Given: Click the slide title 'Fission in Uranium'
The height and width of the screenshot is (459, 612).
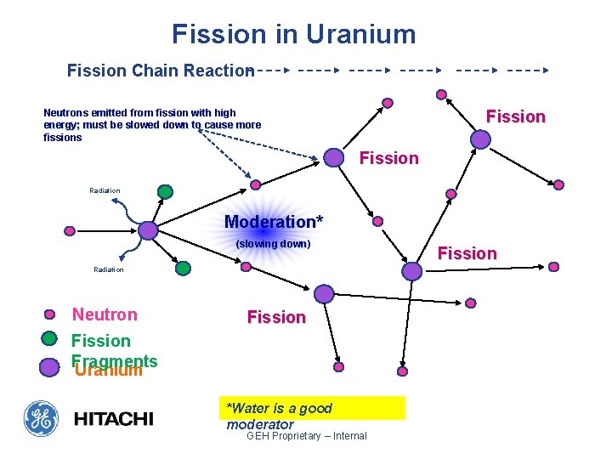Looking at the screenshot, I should click(294, 34).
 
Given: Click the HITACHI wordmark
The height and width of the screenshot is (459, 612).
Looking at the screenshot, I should click(114, 418).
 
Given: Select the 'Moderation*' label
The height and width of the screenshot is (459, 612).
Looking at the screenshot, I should click(274, 222).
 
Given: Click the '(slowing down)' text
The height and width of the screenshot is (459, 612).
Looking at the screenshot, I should click(273, 244).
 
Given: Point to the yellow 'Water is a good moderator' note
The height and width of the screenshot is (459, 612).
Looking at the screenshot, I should click(311, 408).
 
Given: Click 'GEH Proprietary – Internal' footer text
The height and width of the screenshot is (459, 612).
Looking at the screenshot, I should click(306, 436).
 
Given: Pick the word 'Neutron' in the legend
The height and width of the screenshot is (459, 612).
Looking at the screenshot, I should click(105, 314).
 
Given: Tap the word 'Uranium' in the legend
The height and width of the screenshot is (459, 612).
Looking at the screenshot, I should click(108, 371).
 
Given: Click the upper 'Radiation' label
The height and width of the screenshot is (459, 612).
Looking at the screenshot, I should click(105, 190).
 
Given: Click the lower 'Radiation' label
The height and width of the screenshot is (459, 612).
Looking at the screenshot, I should click(108, 269).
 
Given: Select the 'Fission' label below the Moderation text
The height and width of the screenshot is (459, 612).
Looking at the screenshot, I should click(276, 317).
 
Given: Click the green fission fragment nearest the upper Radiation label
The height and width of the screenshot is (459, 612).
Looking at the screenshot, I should click(165, 192).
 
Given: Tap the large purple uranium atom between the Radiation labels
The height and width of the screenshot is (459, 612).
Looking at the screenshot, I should click(148, 229).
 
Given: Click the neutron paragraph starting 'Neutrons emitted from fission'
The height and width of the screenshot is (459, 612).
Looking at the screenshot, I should click(152, 125).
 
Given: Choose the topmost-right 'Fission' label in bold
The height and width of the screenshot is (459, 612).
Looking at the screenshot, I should click(515, 116).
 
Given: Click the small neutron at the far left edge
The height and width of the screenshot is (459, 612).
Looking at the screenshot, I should click(70, 229).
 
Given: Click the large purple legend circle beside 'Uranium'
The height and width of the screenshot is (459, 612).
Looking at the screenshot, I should click(50, 366).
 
